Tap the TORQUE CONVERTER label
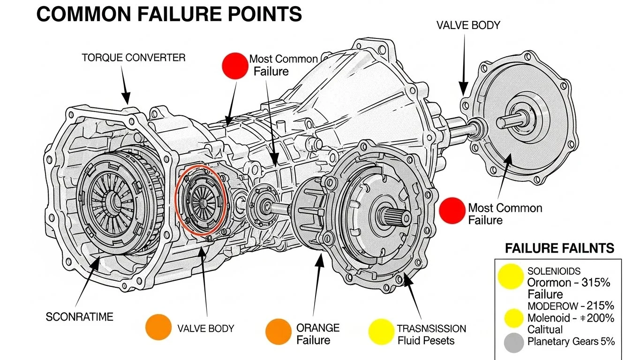coord(133,58)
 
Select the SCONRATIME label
coord(79,317)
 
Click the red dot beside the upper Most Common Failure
coord(234,65)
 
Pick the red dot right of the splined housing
coord(452,210)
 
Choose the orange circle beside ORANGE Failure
coord(279,331)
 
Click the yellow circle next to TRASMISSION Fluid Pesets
coord(380,331)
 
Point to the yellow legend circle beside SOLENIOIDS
coord(511,277)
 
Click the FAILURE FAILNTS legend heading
coord(559,248)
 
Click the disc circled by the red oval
coord(201,202)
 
